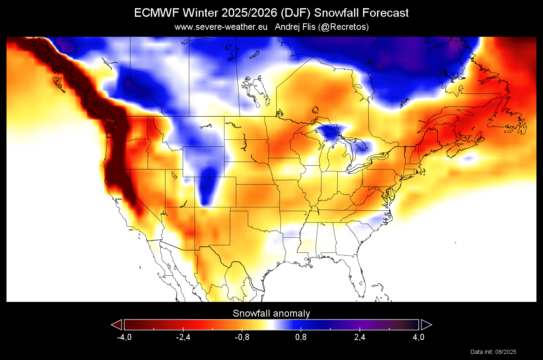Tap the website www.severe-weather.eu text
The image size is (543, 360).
tap(221, 27)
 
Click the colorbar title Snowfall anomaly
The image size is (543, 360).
tap(271, 313)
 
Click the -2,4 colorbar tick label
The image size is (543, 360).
tap(183, 337)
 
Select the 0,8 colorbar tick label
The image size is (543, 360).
tap(301, 337)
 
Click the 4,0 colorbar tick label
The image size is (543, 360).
tap(418, 337)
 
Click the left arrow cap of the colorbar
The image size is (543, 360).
tap(117, 325)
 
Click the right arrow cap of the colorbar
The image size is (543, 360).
tap(426, 325)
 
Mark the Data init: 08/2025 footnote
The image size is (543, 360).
tap(494, 352)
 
